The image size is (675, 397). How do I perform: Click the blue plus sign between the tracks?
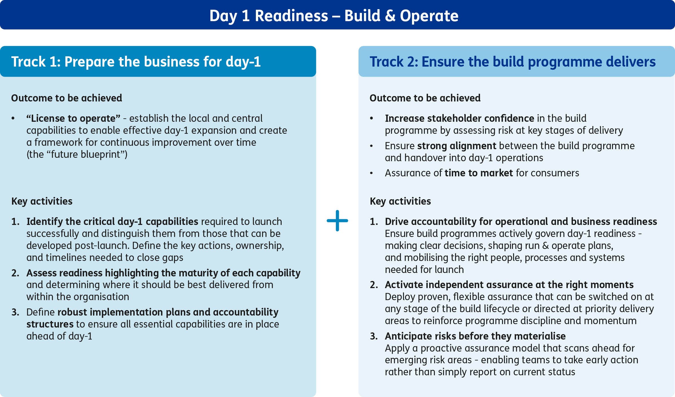tap(337, 221)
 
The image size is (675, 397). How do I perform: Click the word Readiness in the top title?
tap(291, 16)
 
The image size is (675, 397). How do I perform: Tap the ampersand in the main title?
tap(390, 16)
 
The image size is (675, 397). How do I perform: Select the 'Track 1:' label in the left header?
tap(36, 62)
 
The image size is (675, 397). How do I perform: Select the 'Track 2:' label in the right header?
tap(394, 62)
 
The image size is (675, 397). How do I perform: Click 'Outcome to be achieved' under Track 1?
tap(67, 98)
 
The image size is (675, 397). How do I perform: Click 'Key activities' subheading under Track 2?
tap(400, 201)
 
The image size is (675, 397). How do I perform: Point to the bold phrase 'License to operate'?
tap(73, 118)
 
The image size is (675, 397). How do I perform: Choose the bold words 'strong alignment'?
tap(457, 146)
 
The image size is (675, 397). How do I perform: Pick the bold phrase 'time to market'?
tap(479, 173)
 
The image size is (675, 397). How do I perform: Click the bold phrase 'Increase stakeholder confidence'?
tap(459, 118)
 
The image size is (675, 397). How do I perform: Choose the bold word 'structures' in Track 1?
tap(50, 324)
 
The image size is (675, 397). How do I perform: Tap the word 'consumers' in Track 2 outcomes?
tap(555, 173)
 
